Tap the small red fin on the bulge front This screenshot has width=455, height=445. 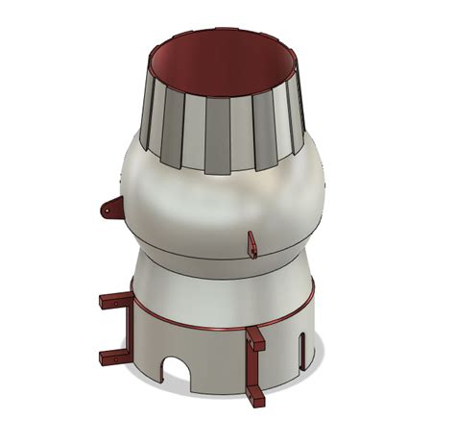(251, 243)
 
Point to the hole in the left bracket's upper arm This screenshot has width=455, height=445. (116, 302)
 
